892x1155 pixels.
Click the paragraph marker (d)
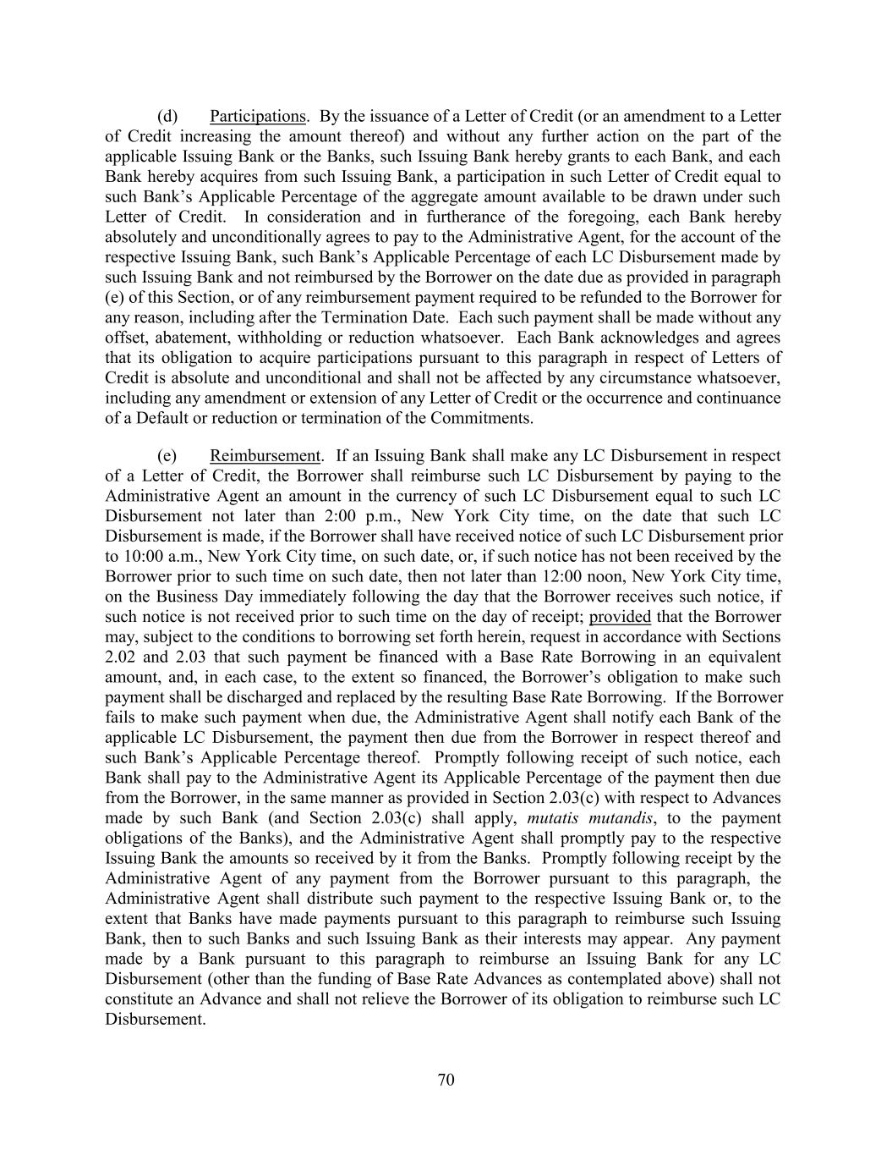click(167, 117)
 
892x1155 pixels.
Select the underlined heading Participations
click(257, 117)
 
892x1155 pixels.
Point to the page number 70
click(446, 1080)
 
